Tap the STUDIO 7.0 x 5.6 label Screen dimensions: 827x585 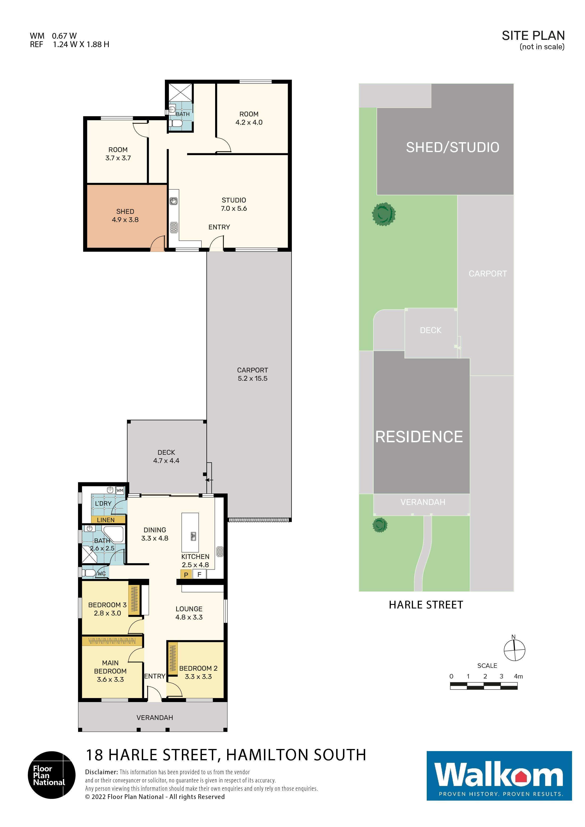pyautogui.click(x=234, y=204)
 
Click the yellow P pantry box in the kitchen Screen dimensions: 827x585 pyautogui.click(x=186, y=575)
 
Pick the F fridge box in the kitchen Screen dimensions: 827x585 pyautogui.click(x=199, y=575)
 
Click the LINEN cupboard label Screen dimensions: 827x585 pyautogui.click(x=106, y=520)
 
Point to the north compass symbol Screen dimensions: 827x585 pyautogui.click(x=514, y=650)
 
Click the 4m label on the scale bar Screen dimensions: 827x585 pyautogui.click(x=518, y=676)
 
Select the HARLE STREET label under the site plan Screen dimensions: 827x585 pyautogui.click(x=426, y=605)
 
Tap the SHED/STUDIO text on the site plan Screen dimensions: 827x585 pyautogui.click(x=452, y=147)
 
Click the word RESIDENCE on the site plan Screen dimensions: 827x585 pyautogui.click(x=419, y=437)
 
